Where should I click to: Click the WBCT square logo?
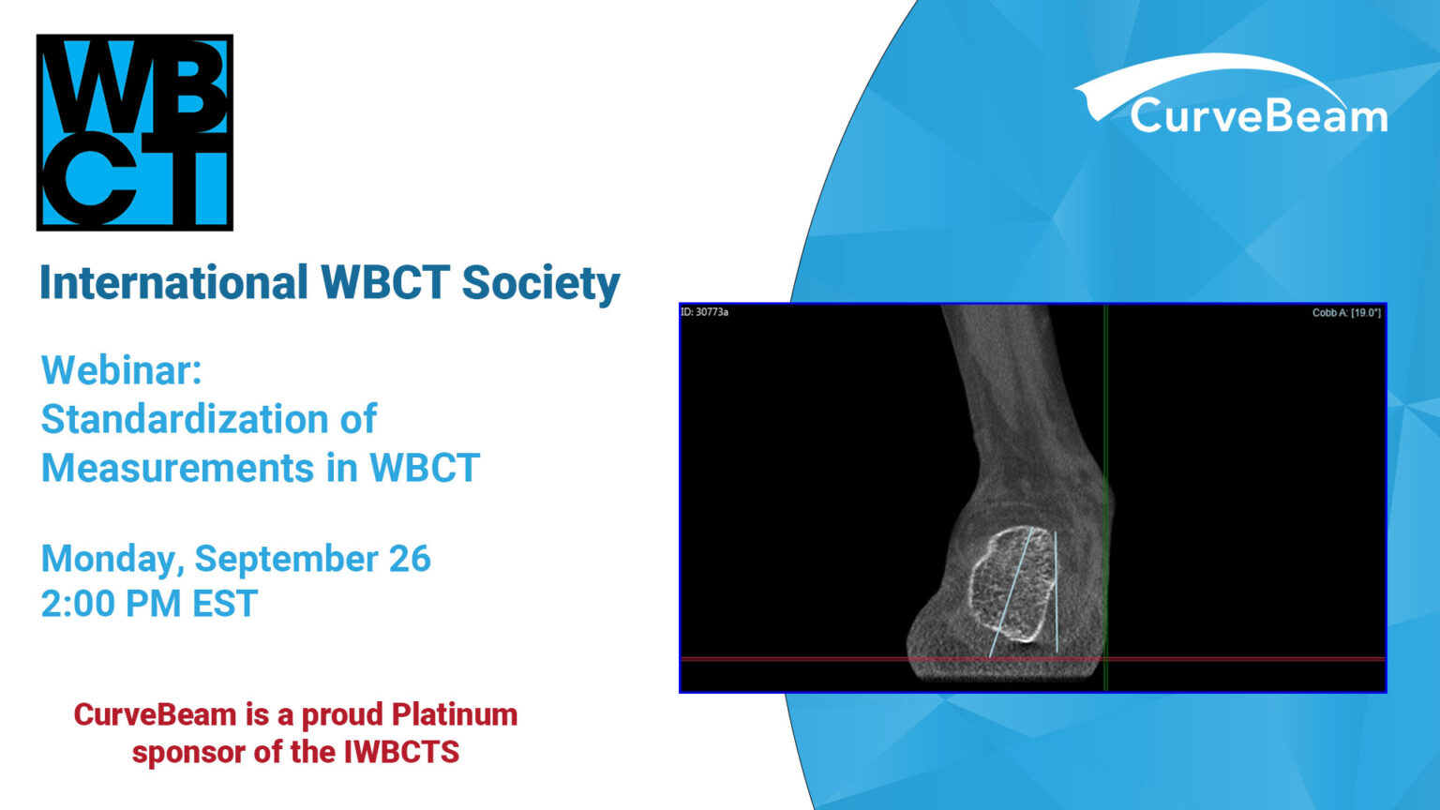tap(134, 132)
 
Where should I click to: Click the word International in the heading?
tap(173, 282)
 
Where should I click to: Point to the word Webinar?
tap(122, 370)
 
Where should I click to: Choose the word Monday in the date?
tap(112, 559)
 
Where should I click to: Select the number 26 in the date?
tap(410, 559)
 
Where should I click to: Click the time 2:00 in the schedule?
tap(78, 604)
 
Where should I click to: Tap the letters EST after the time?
tap(225, 604)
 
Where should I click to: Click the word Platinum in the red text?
tap(455, 714)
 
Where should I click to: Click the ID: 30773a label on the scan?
tap(705, 312)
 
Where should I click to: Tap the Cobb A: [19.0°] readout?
tap(1345, 313)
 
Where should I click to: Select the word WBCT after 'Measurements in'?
tap(425, 468)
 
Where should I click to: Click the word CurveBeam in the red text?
tap(155, 714)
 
